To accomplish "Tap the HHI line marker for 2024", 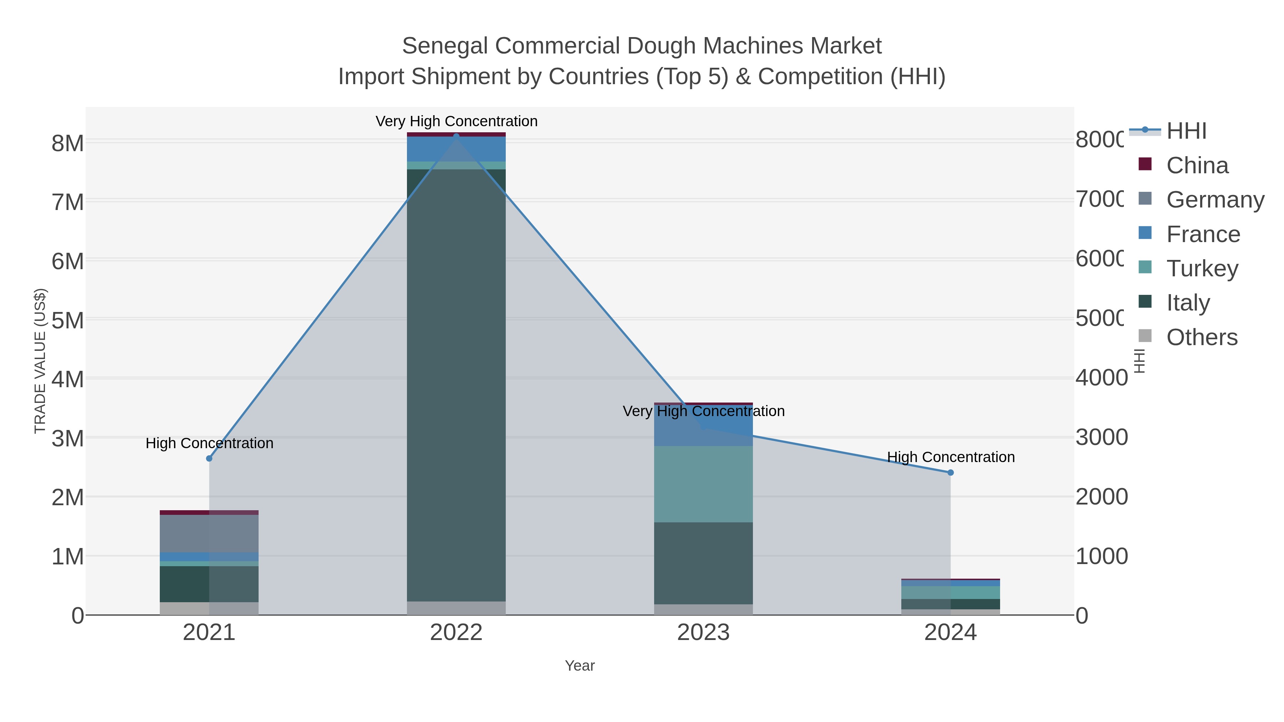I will [950, 472].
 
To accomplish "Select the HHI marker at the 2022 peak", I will [456, 136].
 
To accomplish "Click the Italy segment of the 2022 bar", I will [456, 384].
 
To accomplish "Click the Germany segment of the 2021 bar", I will [209, 533].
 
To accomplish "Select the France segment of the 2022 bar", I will [456, 148].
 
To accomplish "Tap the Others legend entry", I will [1201, 337].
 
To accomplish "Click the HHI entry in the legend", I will [1186, 131].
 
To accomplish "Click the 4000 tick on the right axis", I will [1101, 378].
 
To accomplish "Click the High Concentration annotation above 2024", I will [951, 457].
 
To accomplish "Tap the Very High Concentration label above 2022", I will [456, 121].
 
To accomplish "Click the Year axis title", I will [579, 666].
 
